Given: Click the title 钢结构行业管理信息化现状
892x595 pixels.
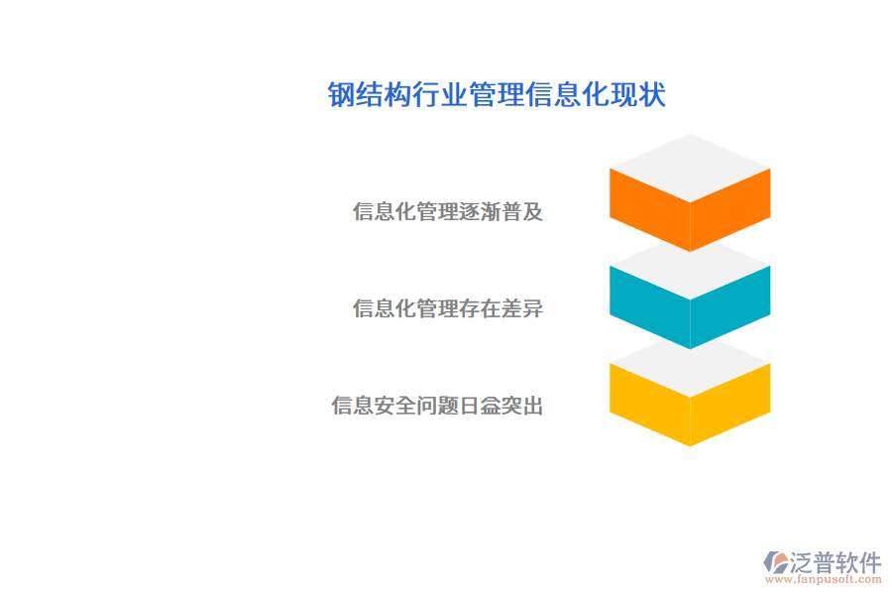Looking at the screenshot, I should (497, 95).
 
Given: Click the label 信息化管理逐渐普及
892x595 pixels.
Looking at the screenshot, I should (448, 211).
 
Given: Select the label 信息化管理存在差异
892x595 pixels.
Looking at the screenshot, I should (448, 308).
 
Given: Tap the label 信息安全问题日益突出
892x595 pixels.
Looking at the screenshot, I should (437, 406).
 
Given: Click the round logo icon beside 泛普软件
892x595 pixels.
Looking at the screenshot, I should (775, 562).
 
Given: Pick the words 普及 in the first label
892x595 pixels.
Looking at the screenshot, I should (523, 211).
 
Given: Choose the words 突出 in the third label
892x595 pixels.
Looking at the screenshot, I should (523, 406).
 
